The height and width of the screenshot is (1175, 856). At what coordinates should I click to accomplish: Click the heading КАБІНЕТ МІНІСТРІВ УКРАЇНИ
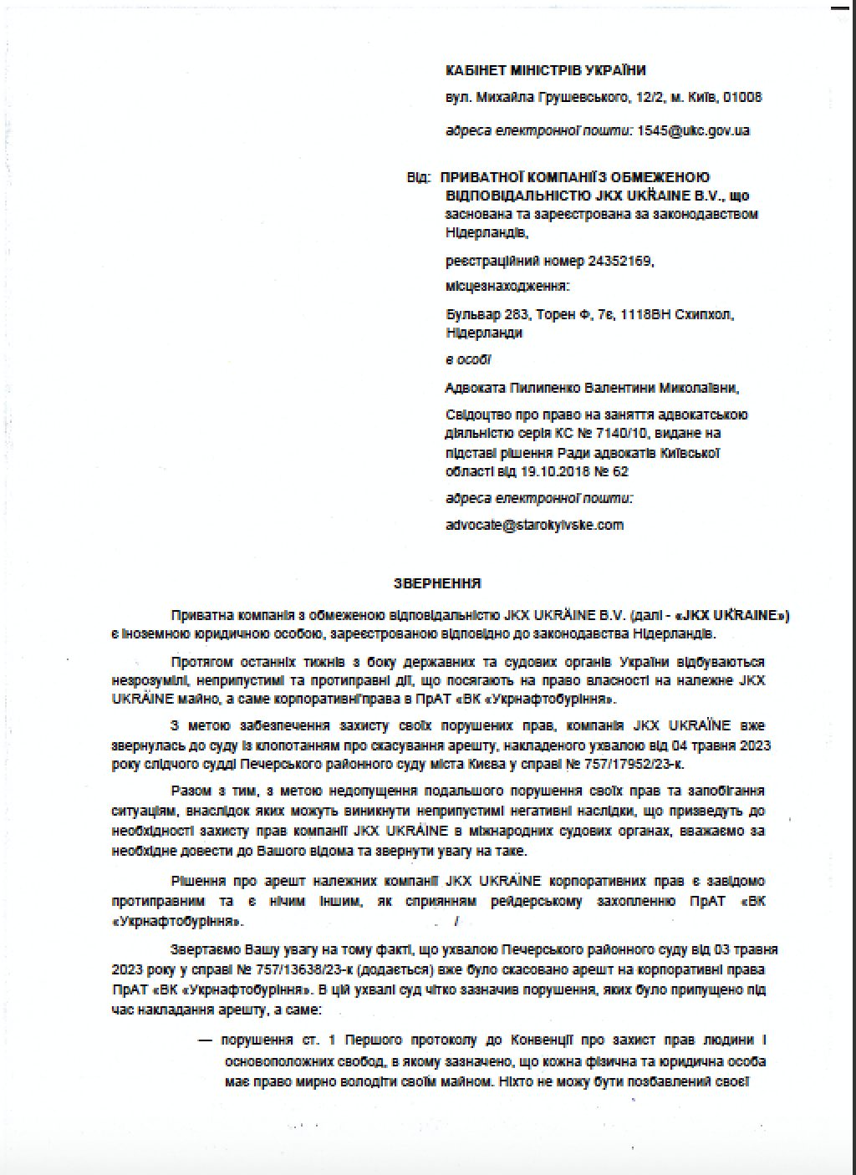546,71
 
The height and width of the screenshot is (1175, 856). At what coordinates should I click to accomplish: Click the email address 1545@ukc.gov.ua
693,130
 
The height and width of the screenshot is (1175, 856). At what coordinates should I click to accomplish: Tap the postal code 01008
743,98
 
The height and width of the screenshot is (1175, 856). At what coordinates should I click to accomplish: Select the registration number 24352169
619,262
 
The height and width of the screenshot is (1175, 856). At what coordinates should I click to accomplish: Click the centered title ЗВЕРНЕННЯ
437,583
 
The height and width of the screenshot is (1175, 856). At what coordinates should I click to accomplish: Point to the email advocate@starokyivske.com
535,525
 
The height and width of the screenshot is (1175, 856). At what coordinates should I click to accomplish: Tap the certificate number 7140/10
626,433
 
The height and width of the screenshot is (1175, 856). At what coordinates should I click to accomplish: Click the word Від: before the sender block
419,178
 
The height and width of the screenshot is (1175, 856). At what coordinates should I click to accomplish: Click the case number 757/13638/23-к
304,969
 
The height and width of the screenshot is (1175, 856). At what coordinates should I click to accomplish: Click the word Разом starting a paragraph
189,791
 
